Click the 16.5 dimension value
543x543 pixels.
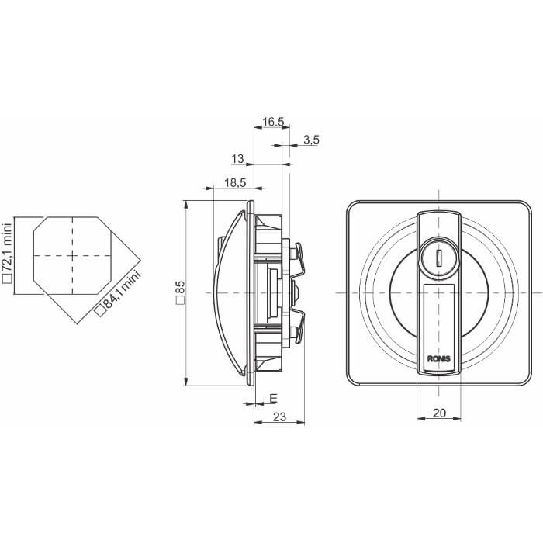pyautogui.click(x=273, y=122)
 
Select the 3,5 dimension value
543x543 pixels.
pyautogui.click(x=311, y=140)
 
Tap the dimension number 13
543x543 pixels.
pyautogui.click(x=237, y=159)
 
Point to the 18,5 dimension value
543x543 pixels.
pyautogui.click(x=235, y=182)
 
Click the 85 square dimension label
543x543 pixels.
pyautogui.click(x=181, y=292)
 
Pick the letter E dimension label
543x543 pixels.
pyautogui.click(x=273, y=399)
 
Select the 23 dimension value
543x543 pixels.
pyautogui.click(x=279, y=417)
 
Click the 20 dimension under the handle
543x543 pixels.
pyautogui.click(x=439, y=413)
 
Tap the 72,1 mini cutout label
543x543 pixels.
pyautogui.click(x=7, y=254)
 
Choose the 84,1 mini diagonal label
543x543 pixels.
pyautogui.click(x=119, y=293)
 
